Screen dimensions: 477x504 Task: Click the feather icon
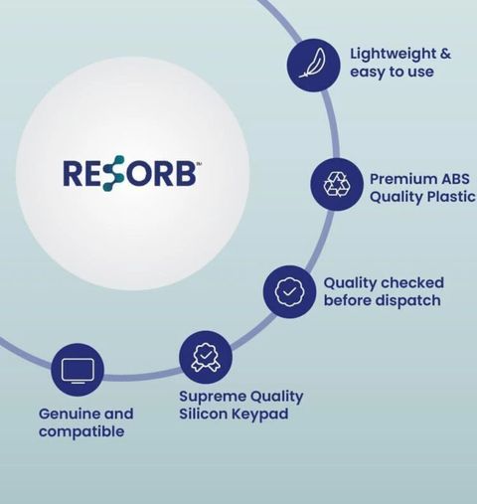312,63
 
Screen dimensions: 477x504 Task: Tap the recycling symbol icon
337,184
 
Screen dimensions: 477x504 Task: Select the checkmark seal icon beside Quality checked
289,291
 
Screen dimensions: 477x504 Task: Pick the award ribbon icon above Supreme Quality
206,357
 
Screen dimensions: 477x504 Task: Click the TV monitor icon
78,371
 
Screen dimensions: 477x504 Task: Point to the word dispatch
408,301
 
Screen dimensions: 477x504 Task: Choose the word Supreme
213,397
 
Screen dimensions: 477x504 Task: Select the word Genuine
70,414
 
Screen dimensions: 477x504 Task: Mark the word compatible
81,432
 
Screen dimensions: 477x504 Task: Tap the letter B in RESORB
184,173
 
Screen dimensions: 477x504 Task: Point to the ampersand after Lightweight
445,54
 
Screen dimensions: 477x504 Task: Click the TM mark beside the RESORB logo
199,163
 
